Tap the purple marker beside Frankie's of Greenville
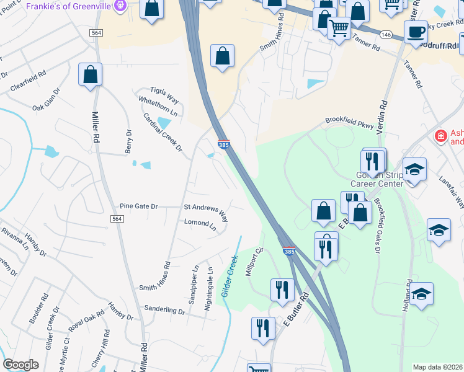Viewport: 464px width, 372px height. [121, 6]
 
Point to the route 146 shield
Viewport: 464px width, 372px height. [386, 33]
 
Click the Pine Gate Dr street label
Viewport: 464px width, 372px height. [139, 206]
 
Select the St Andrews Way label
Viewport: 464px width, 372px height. [206, 210]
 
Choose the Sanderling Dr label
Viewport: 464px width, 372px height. [165, 308]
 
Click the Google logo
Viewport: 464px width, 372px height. [21, 365]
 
